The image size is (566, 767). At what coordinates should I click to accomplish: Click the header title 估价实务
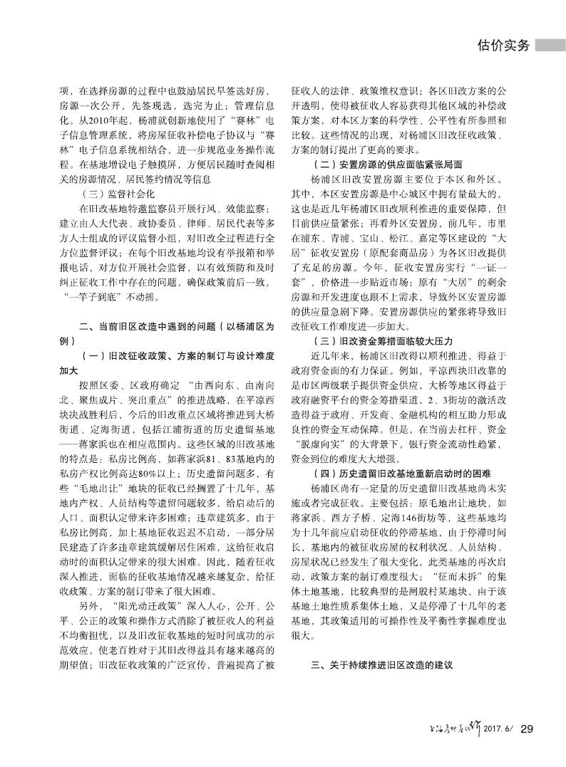point(503,46)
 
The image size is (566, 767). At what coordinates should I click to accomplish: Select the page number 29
point(528,729)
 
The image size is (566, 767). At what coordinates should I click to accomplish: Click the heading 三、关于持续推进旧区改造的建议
point(382,667)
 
